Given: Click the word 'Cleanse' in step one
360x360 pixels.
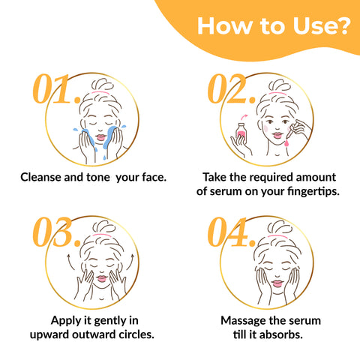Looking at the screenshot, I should point(44,178).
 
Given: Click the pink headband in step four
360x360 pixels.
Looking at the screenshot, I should point(268,235).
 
